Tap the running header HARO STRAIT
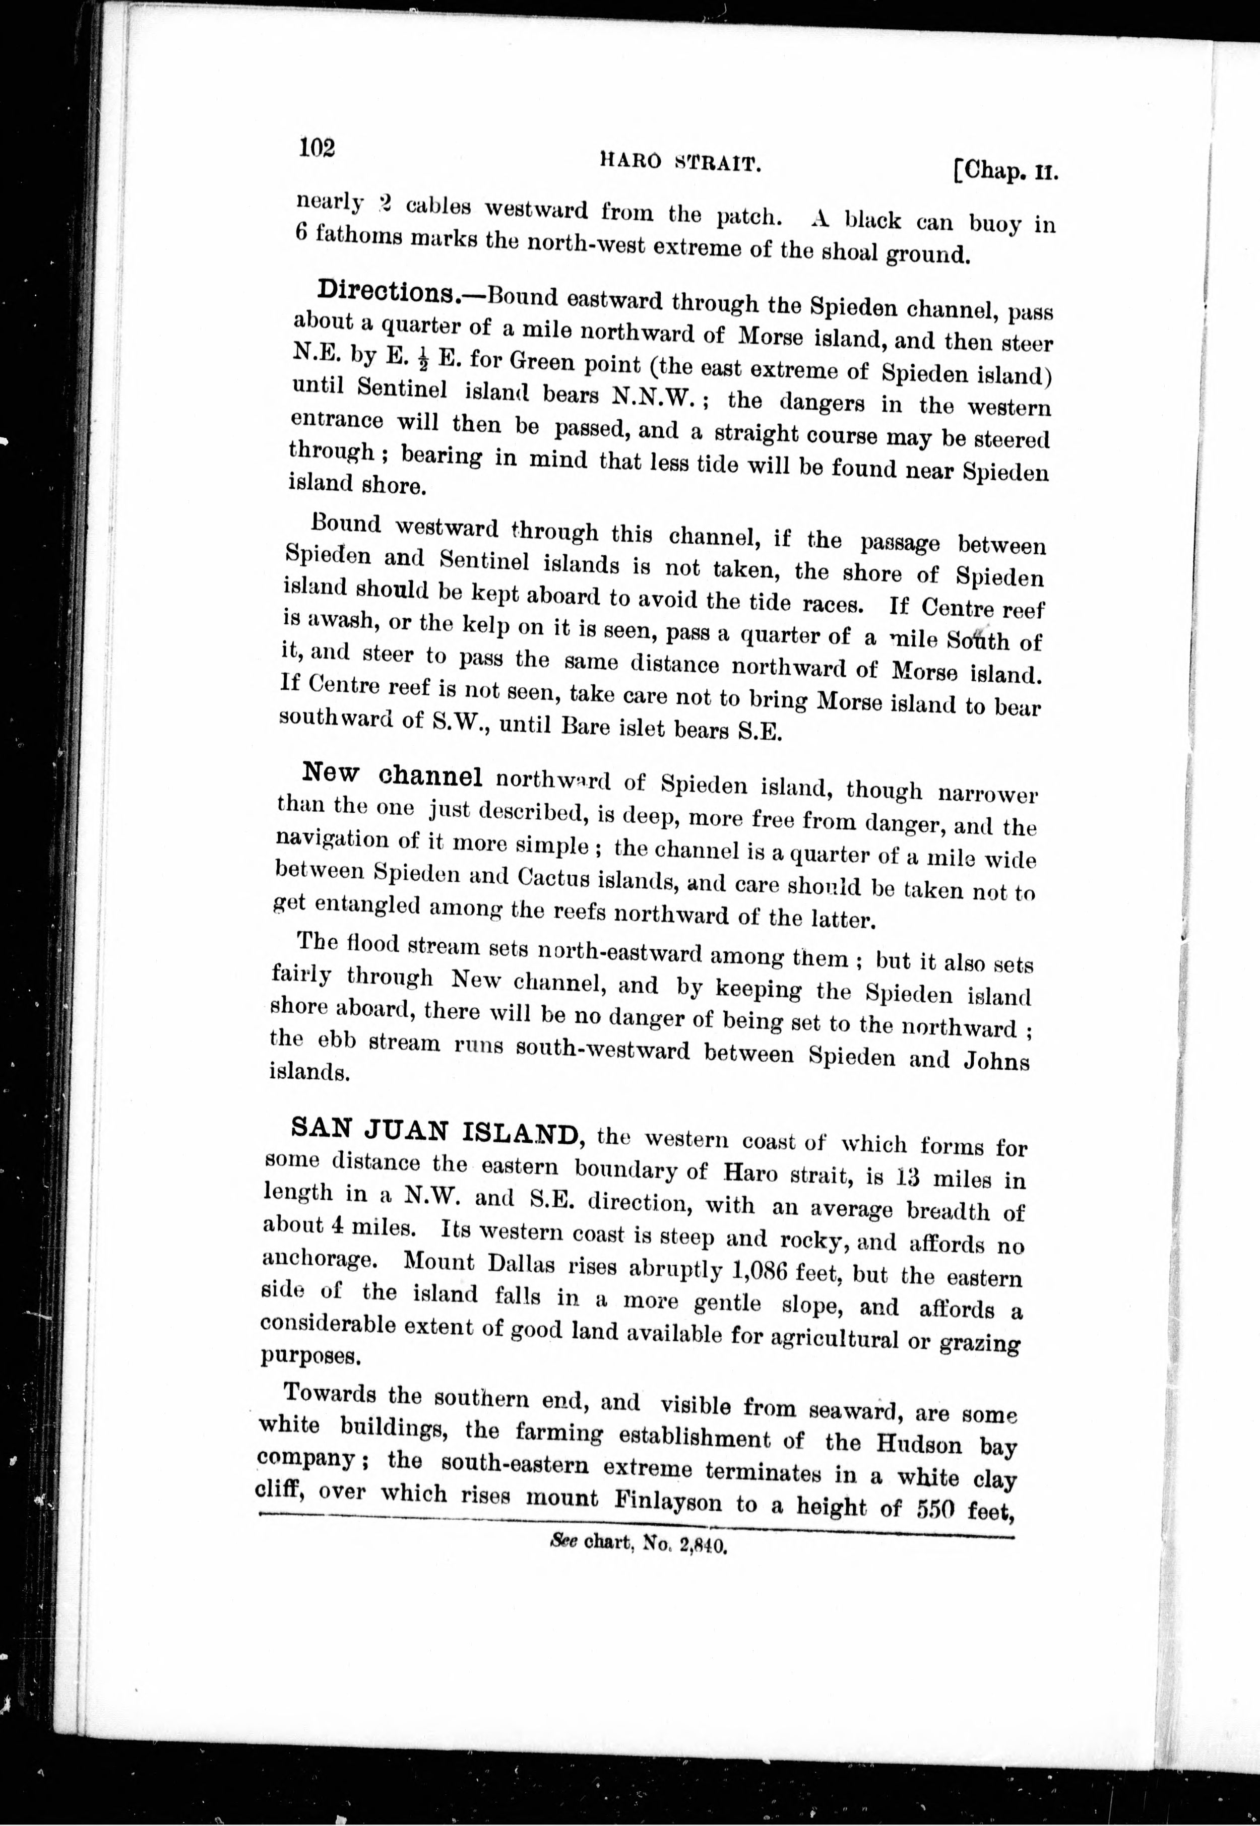pyautogui.click(x=680, y=163)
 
